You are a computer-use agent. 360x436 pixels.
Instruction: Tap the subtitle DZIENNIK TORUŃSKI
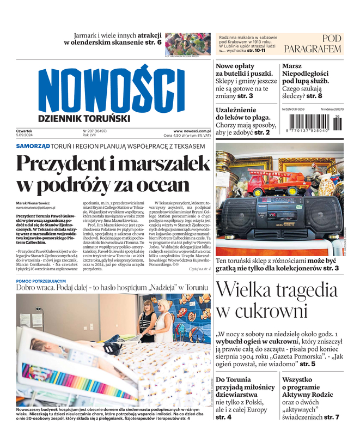(x=84, y=118)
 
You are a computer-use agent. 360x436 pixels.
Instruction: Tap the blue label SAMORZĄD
(x=33, y=146)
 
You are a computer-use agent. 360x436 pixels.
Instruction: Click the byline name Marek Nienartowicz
(x=35, y=203)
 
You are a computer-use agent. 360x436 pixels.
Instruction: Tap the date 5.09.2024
(x=25, y=136)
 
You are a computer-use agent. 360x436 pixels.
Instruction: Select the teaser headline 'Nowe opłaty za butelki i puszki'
(x=242, y=70)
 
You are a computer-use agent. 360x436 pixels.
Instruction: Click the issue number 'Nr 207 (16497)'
(x=94, y=131)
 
